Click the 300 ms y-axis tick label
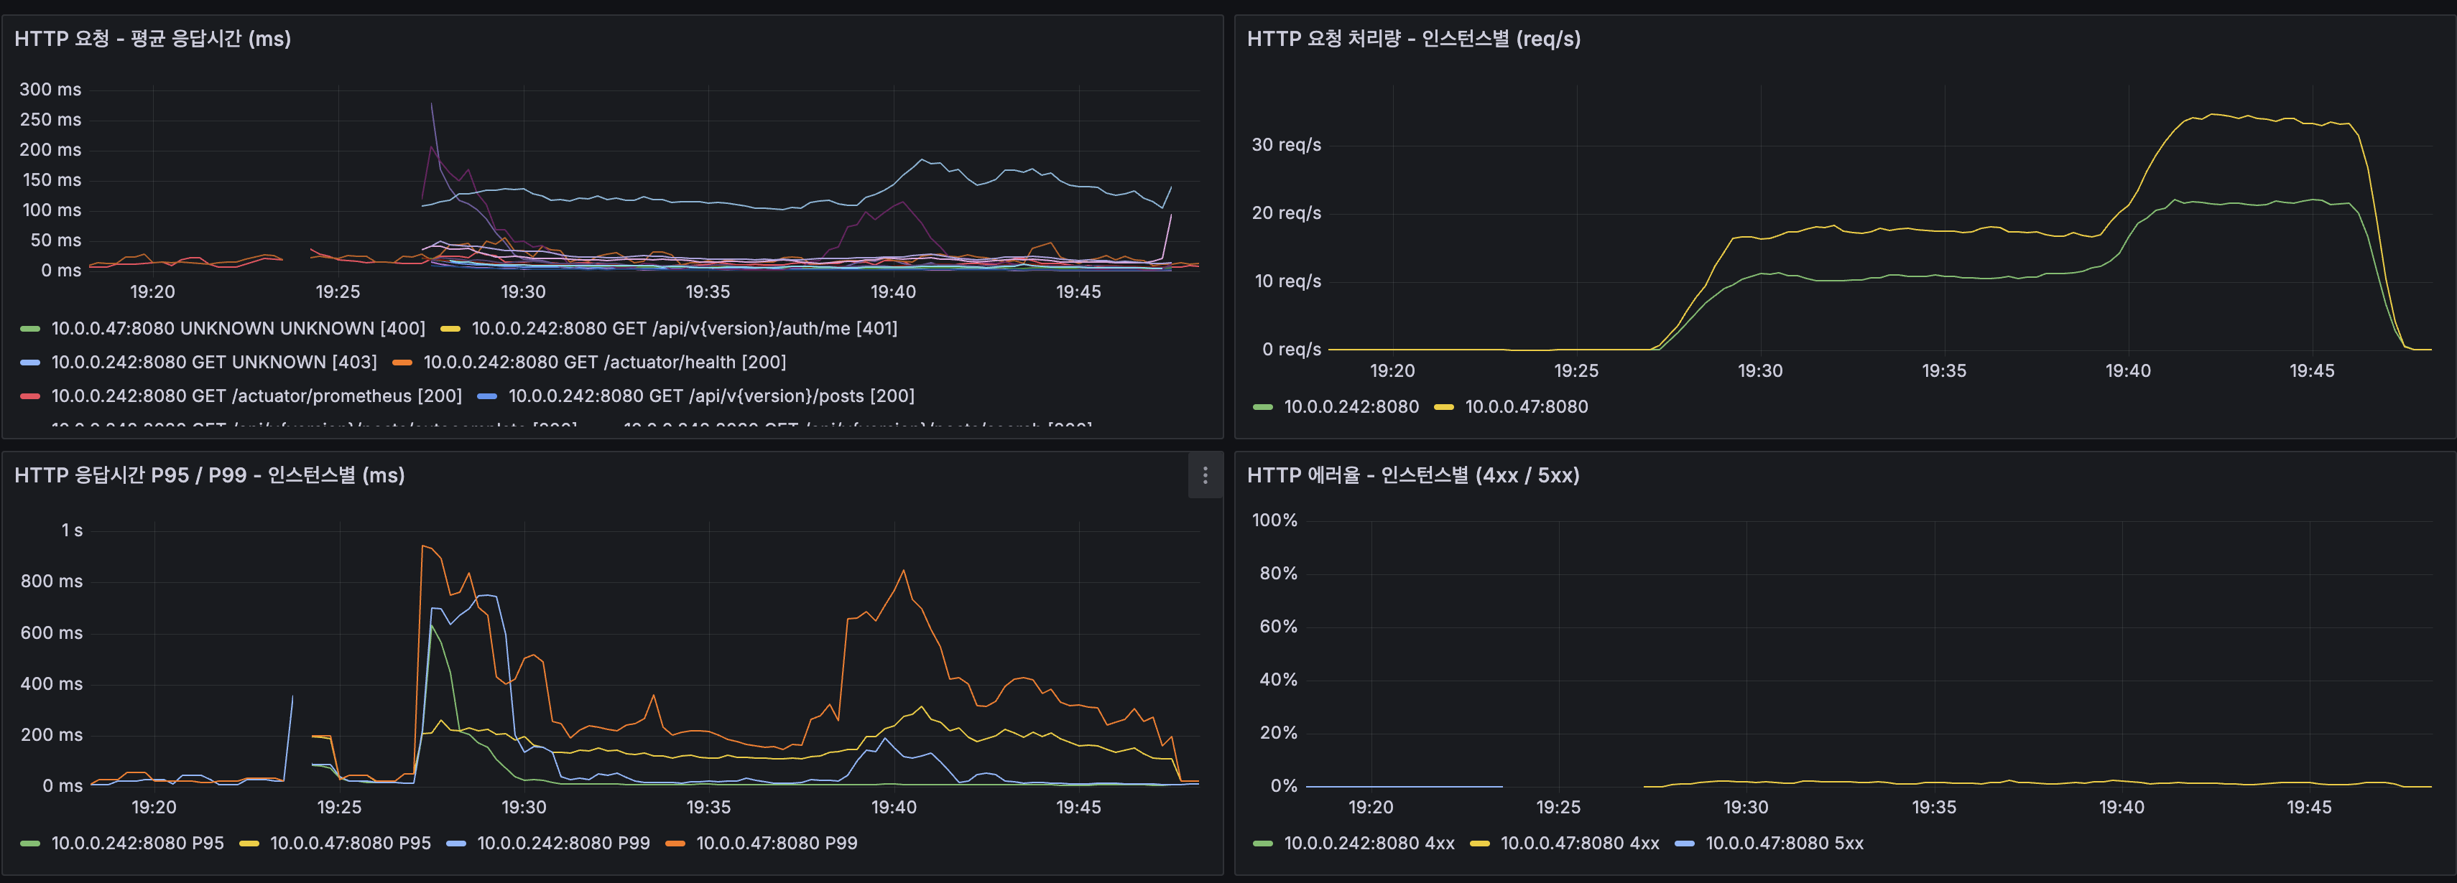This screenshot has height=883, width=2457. [50, 90]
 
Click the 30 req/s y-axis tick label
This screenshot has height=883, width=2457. [1286, 145]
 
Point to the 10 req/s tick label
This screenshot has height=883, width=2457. [1287, 281]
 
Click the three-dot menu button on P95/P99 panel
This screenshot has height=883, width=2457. [1205, 475]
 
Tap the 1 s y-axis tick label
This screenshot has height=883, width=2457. [72, 531]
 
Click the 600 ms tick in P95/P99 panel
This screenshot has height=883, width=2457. [52, 633]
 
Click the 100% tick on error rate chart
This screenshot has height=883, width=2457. [1274, 520]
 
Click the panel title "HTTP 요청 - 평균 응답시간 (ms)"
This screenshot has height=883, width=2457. [152, 39]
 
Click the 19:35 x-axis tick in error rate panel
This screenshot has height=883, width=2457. [1933, 808]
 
